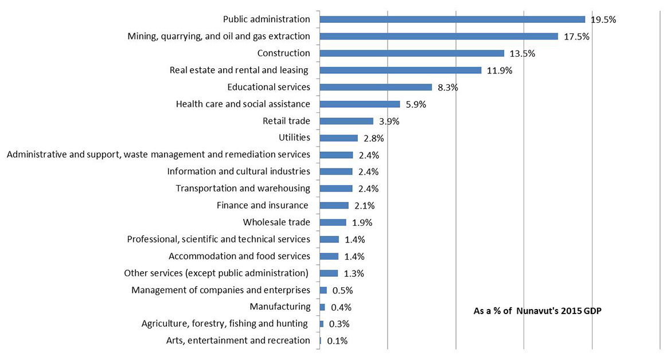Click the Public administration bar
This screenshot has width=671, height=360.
point(452,19)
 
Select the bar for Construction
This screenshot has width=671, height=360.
point(412,53)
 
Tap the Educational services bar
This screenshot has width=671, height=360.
point(376,87)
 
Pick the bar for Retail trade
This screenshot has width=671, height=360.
point(346,121)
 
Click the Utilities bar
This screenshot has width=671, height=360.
point(338,138)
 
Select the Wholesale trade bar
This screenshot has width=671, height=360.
point(333,222)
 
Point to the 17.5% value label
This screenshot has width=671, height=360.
point(576,37)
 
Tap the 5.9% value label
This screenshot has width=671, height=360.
point(418,104)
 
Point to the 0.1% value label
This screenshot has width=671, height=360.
point(337,341)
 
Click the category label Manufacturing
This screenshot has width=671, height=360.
point(280,307)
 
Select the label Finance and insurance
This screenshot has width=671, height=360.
point(263,205)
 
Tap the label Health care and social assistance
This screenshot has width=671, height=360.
point(243,104)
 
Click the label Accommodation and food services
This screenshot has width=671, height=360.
point(239,256)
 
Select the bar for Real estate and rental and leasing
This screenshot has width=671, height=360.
point(400,71)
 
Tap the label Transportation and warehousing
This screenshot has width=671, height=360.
point(243,188)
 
